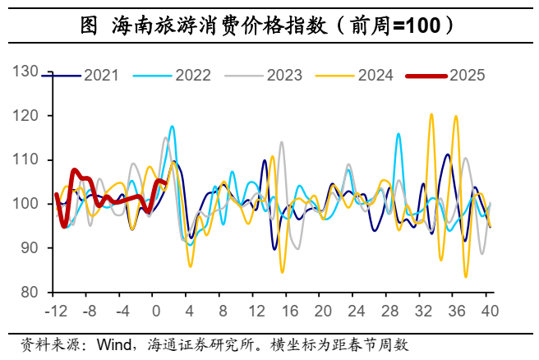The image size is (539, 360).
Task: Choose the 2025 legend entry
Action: pyautogui.click(x=467, y=76)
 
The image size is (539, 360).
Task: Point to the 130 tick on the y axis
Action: pyautogui.click(x=26, y=72)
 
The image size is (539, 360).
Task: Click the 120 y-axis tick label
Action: pyautogui.click(x=26, y=116)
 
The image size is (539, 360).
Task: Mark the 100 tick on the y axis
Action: pyautogui.click(x=26, y=204)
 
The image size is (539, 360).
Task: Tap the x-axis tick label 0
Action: pyautogui.click(x=156, y=311)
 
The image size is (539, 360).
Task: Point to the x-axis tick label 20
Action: pyautogui.click(x=323, y=311)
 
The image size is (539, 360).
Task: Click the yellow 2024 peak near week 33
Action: pyautogui.click(x=431, y=114)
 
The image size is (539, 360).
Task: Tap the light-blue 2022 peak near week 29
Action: pyautogui.click(x=398, y=134)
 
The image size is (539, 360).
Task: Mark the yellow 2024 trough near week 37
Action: pyautogui.click(x=466, y=276)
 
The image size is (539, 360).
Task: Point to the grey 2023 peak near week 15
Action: pyautogui.click(x=282, y=142)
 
